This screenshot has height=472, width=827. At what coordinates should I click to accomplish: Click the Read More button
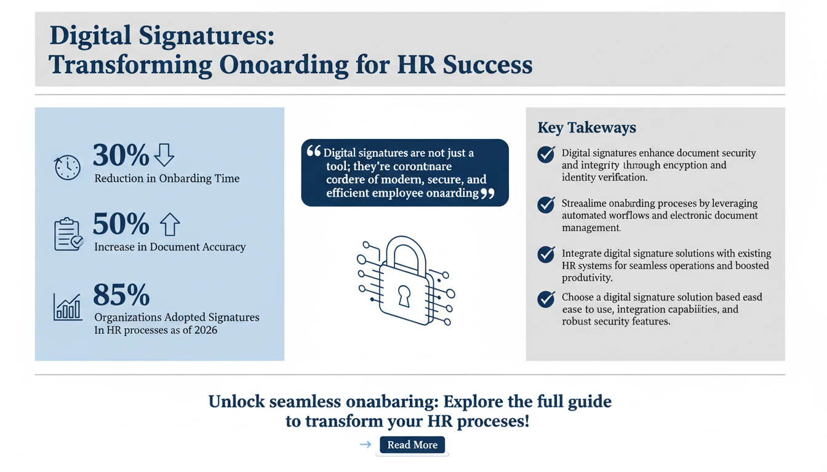tap(412, 445)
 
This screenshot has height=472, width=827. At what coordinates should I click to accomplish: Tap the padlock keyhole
tap(404, 296)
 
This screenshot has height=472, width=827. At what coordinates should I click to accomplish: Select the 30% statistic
tap(121, 155)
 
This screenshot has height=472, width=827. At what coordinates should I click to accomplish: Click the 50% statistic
tap(121, 224)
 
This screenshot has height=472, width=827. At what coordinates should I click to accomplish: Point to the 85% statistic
tap(121, 295)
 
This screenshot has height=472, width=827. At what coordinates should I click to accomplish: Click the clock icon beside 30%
tap(68, 168)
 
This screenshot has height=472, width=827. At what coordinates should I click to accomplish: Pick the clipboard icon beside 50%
tap(68, 234)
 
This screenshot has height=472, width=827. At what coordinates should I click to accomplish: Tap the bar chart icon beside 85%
tap(68, 307)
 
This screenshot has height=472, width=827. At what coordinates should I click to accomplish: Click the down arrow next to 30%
tap(164, 155)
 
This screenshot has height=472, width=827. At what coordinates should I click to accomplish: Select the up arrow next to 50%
tap(170, 225)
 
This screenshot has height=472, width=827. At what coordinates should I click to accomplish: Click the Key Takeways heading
tap(586, 128)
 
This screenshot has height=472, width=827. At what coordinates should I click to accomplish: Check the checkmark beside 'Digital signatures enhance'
tap(546, 154)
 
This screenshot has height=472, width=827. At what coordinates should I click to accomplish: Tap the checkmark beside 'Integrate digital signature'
tap(546, 254)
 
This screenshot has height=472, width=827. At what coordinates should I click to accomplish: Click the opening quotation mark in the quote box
tap(313, 151)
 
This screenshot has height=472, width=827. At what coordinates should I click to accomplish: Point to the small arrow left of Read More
tap(366, 444)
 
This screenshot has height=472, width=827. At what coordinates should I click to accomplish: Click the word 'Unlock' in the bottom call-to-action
tap(236, 402)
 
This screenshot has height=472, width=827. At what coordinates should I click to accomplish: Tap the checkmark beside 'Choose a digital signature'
tap(546, 299)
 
